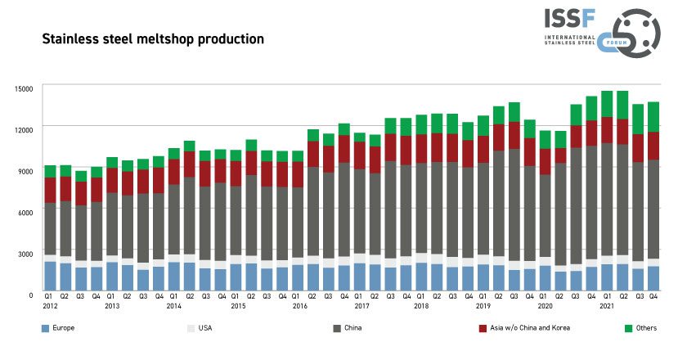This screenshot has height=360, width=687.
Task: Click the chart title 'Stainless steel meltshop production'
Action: (x=152, y=38)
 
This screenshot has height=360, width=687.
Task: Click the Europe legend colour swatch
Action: (x=46, y=328)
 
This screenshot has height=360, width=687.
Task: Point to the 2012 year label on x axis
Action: (x=51, y=306)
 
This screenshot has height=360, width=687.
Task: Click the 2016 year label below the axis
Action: (x=299, y=306)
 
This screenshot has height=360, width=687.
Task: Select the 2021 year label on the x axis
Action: (x=608, y=306)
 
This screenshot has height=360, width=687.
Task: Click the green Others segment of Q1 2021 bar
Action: (x=607, y=104)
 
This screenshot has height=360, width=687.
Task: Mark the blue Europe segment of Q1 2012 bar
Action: (x=51, y=277)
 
